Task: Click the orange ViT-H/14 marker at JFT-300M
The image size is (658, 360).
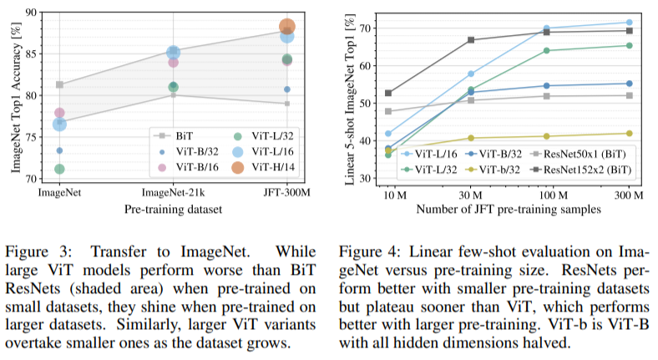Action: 286,27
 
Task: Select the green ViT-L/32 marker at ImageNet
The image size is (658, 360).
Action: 59,169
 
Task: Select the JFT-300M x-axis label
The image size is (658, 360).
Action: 286,193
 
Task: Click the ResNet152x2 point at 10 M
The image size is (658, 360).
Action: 388,93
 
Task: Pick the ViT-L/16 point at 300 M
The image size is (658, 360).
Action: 628,23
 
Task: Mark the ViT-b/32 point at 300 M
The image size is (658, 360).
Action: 628,133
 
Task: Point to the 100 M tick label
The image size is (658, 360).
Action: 547,194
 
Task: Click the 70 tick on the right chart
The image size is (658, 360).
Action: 364,28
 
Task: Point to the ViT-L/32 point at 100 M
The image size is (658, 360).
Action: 547,50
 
